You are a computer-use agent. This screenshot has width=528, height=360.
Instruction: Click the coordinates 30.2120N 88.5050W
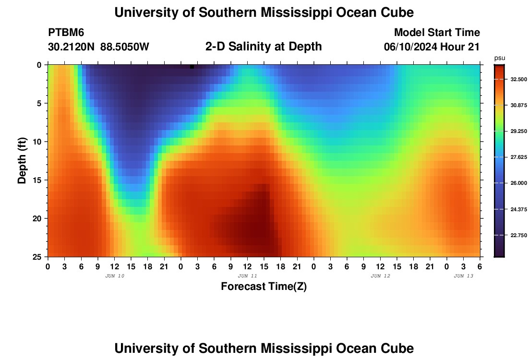(x=98, y=47)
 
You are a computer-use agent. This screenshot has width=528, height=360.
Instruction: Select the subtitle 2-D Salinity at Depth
(x=263, y=47)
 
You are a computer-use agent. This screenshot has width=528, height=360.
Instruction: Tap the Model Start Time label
(x=437, y=33)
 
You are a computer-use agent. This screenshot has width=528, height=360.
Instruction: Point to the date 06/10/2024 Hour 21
(x=432, y=47)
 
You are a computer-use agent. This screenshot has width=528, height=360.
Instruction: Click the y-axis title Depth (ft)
(x=22, y=160)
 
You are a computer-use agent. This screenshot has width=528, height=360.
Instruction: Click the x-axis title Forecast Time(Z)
(x=264, y=287)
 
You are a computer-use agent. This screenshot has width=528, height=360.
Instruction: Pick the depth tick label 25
(x=39, y=257)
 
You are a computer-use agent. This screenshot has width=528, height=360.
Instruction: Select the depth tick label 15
(x=39, y=180)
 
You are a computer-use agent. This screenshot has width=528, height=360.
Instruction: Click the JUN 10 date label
(x=114, y=276)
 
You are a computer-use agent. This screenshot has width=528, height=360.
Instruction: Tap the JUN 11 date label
(x=247, y=276)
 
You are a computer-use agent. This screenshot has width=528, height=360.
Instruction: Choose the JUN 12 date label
(x=380, y=276)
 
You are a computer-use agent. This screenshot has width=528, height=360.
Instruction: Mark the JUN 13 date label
(x=464, y=276)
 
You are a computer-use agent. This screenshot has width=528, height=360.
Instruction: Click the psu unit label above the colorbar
(x=500, y=58)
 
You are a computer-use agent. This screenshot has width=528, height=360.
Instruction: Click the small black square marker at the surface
(x=192, y=67)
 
